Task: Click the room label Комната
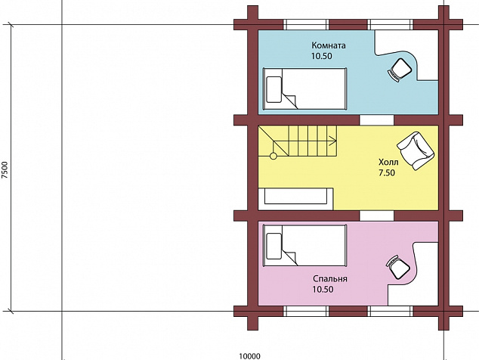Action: tap(329, 45)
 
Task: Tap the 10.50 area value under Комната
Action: tap(322, 56)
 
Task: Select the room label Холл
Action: tap(388, 162)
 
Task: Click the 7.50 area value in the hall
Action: tap(387, 172)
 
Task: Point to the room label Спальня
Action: tap(330, 279)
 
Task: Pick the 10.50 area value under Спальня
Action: tap(323, 290)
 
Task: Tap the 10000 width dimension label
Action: tap(249, 356)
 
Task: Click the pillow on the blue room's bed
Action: tap(274, 89)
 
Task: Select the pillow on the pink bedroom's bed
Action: tap(274, 247)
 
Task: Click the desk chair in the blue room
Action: tap(399, 70)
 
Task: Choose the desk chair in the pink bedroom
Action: tap(398, 267)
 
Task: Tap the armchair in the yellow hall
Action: tap(416, 151)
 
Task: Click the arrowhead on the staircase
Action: tap(333, 141)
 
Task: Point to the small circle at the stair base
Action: tap(273, 157)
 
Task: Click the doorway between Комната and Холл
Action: tap(377, 120)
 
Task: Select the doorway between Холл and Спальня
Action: tap(377, 216)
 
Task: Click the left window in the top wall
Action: tap(306, 24)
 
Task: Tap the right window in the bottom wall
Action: tap(390, 312)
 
